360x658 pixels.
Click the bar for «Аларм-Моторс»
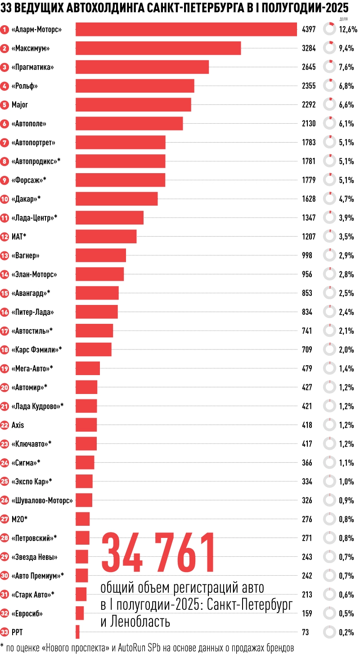pos(186,30)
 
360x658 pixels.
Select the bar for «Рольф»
pos(135,86)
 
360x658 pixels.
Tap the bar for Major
pos(133,105)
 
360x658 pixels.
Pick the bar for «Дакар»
pos(117,199)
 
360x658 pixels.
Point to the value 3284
pos(309,49)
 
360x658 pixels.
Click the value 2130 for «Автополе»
pos(309,124)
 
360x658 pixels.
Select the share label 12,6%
pos(348,30)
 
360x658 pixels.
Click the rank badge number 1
pos(5,30)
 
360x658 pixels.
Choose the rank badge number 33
pos(5,632)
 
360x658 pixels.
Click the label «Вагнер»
pos(26,255)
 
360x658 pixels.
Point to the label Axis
pos(18,425)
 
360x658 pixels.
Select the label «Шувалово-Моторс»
pos(42,500)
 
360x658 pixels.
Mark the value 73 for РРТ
pos(306,632)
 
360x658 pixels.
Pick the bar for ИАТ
pos(106,237)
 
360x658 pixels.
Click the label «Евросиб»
pos(27,613)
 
